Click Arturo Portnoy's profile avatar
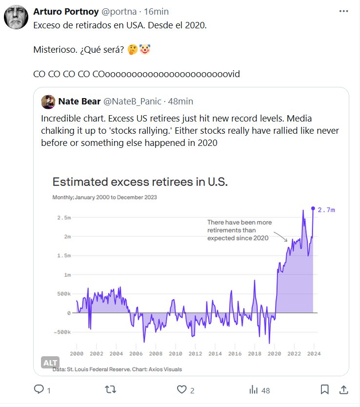click(16, 17)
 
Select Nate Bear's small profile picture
click(48, 102)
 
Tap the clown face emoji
click(144, 50)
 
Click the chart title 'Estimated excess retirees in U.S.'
click(140, 182)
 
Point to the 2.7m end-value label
click(326, 210)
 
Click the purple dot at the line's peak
click(313, 209)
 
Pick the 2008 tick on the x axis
click(156, 353)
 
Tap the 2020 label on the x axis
click(275, 353)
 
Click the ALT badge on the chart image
click(50, 363)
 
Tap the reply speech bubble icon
click(39, 389)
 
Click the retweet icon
click(111, 389)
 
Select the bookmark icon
click(324, 389)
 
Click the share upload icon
click(343, 389)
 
